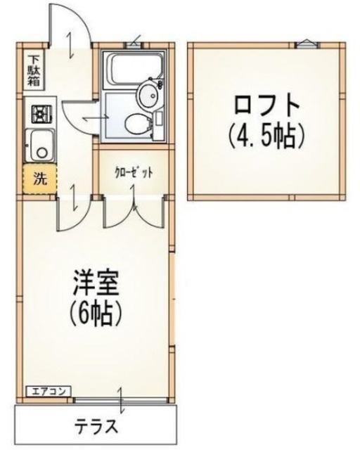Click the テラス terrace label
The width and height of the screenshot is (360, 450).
click(x=96, y=427)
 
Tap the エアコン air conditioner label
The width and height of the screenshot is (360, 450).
click(x=47, y=391)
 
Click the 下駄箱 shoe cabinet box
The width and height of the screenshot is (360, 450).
click(x=33, y=70)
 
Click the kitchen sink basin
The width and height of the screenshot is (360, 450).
click(x=39, y=146)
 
